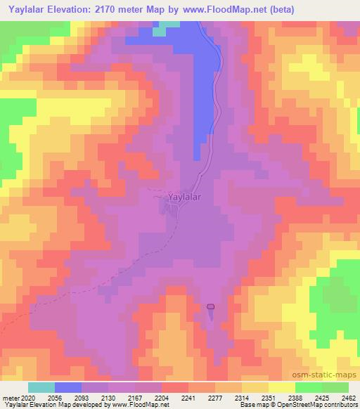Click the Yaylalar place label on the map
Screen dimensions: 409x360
(184, 198)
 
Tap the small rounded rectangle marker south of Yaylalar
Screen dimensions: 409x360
(210, 306)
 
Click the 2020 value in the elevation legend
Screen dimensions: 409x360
(27, 398)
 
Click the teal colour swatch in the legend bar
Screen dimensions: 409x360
(41, 387)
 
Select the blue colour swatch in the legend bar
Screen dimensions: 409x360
(67, 387)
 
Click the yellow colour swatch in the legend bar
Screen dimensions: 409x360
(281, 387)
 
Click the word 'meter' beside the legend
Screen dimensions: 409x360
(9, 398)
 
